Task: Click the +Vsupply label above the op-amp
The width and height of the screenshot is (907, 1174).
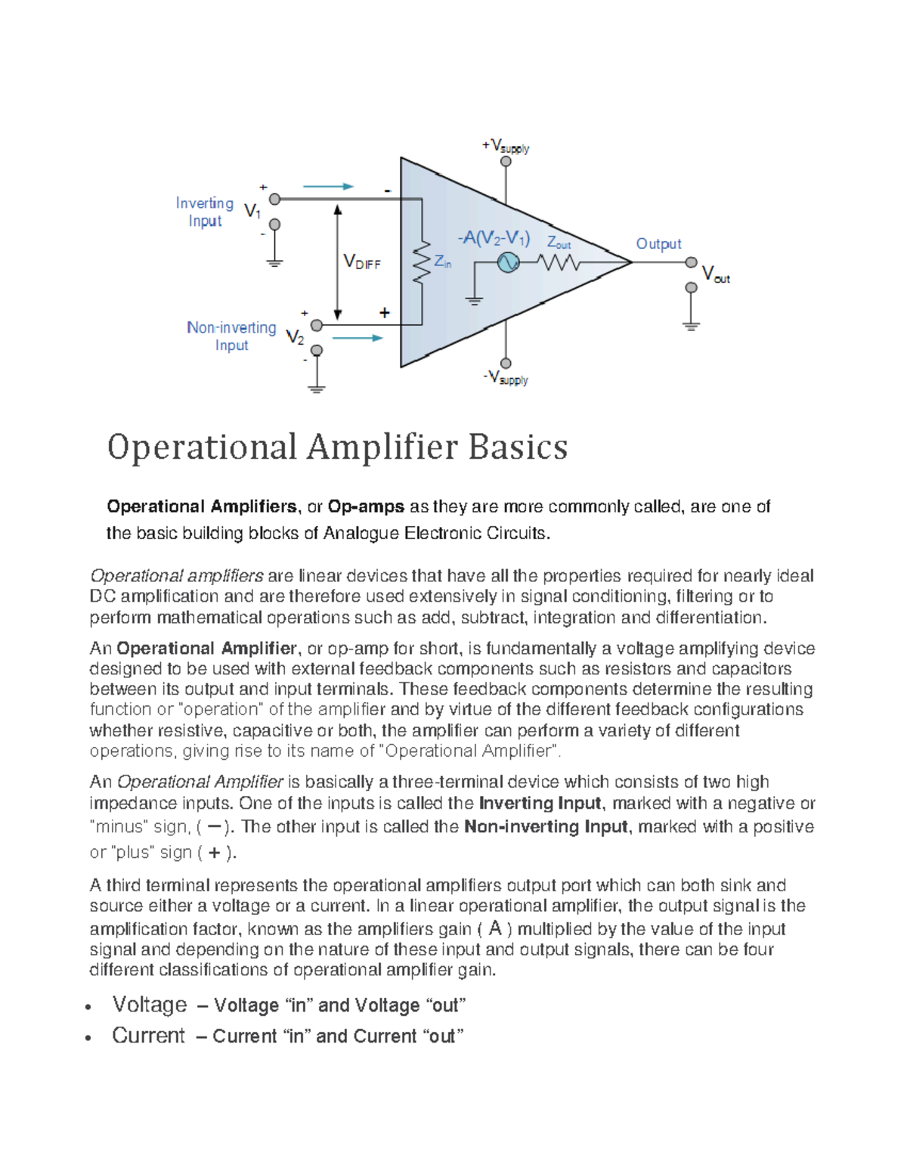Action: [x=506, y=146]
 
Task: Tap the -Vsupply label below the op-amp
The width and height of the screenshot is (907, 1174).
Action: [x=506, y=377]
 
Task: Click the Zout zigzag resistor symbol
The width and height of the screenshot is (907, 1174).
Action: [x=559, y=262]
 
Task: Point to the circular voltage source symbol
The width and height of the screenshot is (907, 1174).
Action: [x=508, y=262]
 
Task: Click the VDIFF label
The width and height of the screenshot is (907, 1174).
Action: [x=362, y=262]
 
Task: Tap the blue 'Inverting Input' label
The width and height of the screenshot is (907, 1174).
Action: [x=205, y=212]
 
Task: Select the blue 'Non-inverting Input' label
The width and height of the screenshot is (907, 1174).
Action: [x=231, y=336]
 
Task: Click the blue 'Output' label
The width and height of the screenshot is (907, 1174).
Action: [x=658, y=243]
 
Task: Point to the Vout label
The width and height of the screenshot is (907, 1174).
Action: [x=715, y=274]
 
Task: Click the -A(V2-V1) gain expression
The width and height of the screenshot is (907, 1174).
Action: [x=494, y=238]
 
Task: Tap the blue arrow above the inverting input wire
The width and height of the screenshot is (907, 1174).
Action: [x=328, y=186]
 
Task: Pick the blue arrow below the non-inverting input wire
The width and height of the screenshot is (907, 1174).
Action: [x=358, y=338]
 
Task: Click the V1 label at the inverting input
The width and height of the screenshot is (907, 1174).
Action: [x=252, y=212]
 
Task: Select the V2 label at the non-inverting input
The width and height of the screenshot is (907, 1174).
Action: [x=295, y=337]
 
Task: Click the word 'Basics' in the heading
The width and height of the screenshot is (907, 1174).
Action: [x=518, y=447]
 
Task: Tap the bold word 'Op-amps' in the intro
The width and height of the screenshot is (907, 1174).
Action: [x=367, y=506]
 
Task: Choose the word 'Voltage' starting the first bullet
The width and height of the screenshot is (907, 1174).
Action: [x=150, y=1005]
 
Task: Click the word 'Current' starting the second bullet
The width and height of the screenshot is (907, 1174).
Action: [x=148, y=1036]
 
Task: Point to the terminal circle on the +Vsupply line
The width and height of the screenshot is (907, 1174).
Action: [x=506, y=161]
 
